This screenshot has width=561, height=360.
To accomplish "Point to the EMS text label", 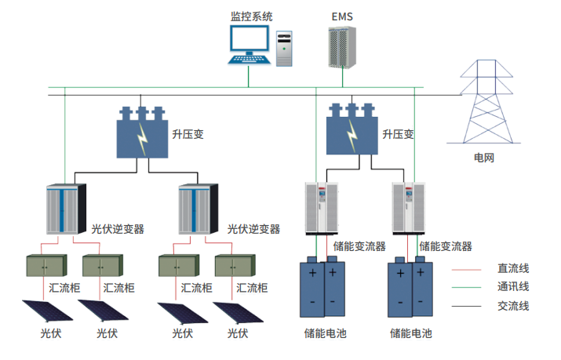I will point(343,16).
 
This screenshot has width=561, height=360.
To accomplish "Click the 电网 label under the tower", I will point(484,158).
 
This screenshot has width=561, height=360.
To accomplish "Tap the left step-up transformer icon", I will point(142,132).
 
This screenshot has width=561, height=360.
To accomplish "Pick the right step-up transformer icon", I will point(352,128).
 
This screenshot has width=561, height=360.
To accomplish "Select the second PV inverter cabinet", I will point(198,208).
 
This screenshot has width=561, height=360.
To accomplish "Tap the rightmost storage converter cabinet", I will point(410,208).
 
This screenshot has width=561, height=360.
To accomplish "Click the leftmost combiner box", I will point(44,266).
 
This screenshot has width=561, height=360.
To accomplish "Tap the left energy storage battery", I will point(323,288).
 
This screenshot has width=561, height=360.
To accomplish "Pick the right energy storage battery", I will point(410,288).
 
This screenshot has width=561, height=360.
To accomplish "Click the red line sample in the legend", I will point(468,268).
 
